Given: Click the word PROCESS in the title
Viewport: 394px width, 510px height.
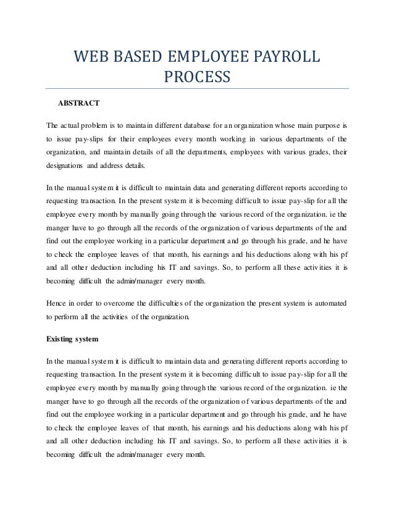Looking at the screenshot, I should click(196, 78).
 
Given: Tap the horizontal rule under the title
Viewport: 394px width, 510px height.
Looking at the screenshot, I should click(197, 88).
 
